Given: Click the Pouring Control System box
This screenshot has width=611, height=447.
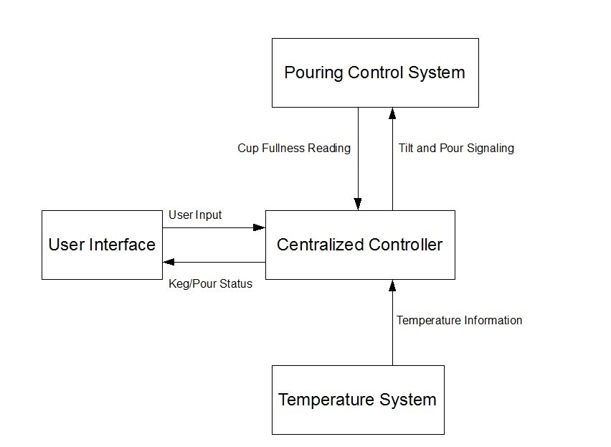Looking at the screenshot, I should click(x=375, y=72).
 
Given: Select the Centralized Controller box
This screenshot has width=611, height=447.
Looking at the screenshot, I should click(x=360, y=245).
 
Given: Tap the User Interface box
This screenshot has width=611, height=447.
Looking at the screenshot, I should click(x=102, y=245).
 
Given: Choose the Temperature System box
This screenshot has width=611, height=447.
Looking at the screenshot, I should click(x=358, y=400).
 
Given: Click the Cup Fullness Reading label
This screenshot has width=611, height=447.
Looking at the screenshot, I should click(x=294, y=149).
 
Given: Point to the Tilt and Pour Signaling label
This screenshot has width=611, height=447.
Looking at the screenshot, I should click(x=456, y=149).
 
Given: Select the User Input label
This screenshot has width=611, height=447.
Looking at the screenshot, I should click(x=195, y=215).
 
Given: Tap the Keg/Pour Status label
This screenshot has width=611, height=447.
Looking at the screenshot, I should click(x=210, y=283).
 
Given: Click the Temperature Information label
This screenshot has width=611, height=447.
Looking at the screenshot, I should click(x=459, y=320).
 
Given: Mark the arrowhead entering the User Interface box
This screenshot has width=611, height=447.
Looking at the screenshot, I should click(x=168, y=262).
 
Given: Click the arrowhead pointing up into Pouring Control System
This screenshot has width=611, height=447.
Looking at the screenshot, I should click(x=392, y=113).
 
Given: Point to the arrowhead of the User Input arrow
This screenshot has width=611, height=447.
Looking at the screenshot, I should click(x=260, y=228).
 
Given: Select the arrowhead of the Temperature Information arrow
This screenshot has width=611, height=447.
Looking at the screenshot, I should click(x=392, y=285).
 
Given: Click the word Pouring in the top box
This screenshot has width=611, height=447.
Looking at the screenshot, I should click(x=313, y=72).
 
